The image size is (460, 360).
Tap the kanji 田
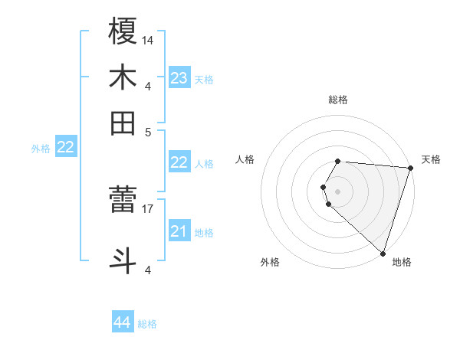pos(123,123)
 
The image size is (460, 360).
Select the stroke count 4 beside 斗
pos(147,270)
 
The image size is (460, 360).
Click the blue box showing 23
pos(179,78)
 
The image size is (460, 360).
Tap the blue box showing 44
pos(122,323)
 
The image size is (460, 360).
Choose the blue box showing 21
pos(179,231)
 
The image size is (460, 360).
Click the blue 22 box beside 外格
pos(66,148)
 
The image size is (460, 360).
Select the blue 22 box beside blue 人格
pos(179,162)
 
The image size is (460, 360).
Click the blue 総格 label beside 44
pos(147,324)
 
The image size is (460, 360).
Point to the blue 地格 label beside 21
pos(204,232)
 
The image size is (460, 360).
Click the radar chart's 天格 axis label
pos(431,159)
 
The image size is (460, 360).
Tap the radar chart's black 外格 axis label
pos(270,262)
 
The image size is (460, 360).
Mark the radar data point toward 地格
pos(382,253)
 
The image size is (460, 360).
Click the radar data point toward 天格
pos(410,168)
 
